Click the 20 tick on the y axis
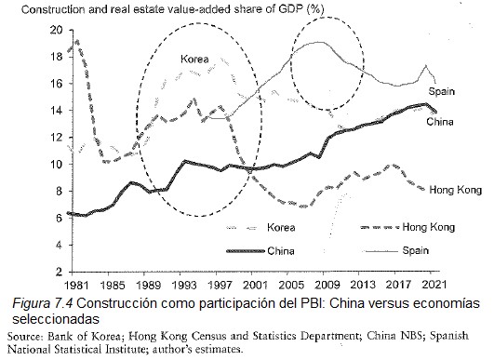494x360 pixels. (54, 30)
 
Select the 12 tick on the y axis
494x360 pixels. (54, 137)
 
